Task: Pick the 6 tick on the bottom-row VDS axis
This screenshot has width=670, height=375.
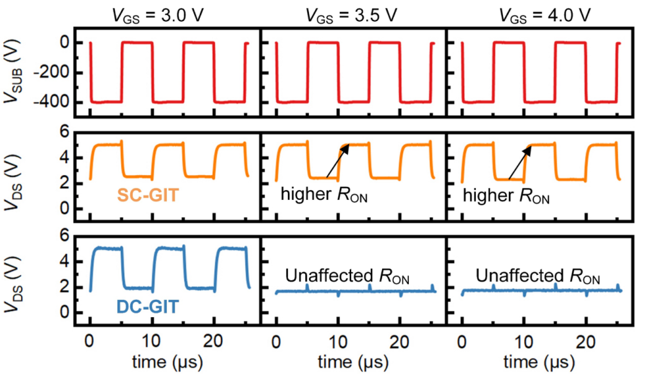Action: [x=63, y=237]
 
